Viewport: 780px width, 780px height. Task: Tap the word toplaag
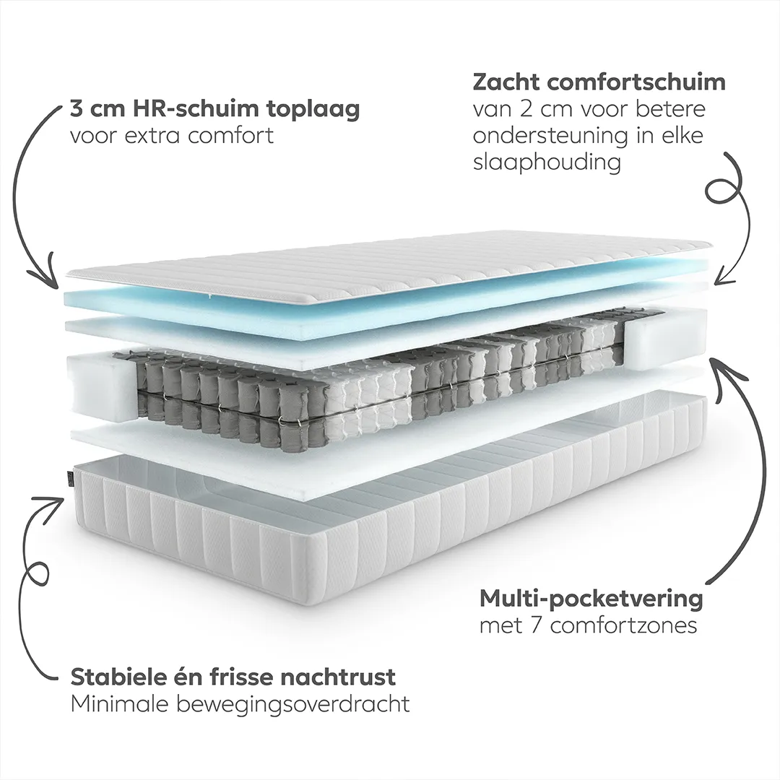click(312, 110)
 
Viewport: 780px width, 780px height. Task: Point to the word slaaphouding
click(547, 163)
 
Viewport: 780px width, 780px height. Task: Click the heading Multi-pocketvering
click(591, 599)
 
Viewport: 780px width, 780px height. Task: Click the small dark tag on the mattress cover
click(69, 477)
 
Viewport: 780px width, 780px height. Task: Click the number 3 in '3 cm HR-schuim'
click(76, 109)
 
